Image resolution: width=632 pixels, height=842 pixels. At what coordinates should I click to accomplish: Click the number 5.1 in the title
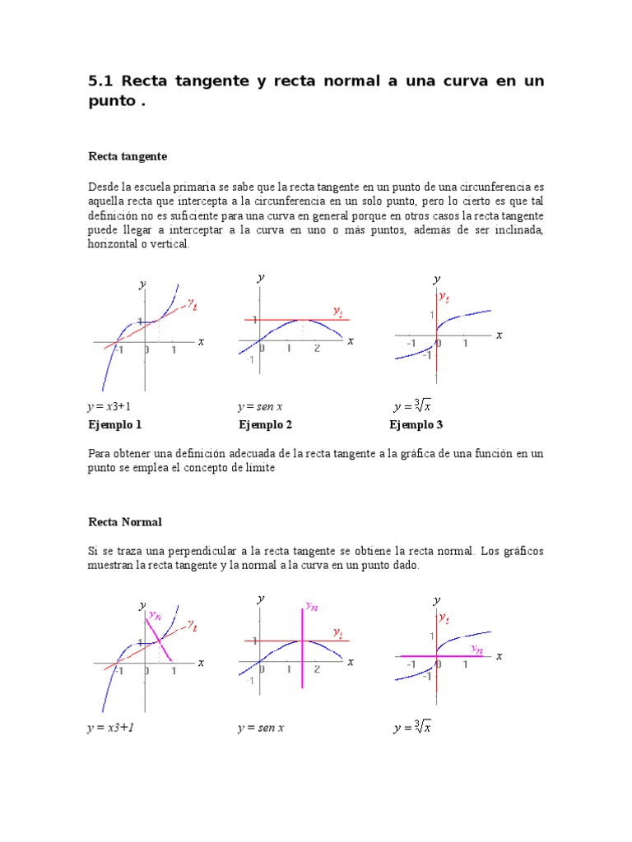(x=101, y=81)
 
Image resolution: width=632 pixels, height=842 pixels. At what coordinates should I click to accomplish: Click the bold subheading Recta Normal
(x=125, y=522)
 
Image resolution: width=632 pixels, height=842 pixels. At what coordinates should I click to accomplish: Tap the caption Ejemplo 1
(x=115, y=425)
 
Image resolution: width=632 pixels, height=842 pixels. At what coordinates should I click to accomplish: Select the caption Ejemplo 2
(x=266, y=425)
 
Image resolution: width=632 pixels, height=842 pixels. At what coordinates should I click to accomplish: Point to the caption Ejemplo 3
(x=416, y=425)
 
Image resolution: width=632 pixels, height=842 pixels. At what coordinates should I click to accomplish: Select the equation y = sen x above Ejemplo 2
(x=260, y=407)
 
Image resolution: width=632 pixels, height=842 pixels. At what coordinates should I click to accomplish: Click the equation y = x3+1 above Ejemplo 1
(x=109, y=407)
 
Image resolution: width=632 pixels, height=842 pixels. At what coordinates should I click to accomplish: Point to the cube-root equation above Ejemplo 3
(x=413, y=406)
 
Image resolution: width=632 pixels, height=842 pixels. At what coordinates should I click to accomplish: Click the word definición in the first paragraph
(x=114, y=215)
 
